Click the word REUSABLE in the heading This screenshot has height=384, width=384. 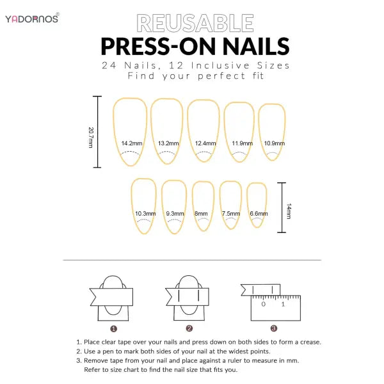click(x=195, y=24)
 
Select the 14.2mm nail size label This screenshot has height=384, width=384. click(x=131, y=143)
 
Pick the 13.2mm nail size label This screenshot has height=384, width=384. click(x=167, y=143)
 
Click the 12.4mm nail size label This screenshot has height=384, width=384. click(x=205, y=143)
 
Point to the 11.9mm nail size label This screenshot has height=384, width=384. click(x=242, y=143)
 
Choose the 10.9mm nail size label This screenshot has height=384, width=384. click(x=273, y=143)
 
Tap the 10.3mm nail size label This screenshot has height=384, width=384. click(x=144, y=214)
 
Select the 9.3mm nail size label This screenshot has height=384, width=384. click(x=175, y=214)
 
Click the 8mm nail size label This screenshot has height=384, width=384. click(x=202, y=214)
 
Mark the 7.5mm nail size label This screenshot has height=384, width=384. click(x=230, y=214)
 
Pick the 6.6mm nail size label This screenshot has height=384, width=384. click(x=258, y=214)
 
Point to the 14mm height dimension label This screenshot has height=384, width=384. click(x=289, y=211)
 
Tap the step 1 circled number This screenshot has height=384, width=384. click(x=113, y=328)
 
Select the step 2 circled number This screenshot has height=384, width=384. click(x=189, y=328)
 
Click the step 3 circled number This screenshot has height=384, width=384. click(x=273, y=328)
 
